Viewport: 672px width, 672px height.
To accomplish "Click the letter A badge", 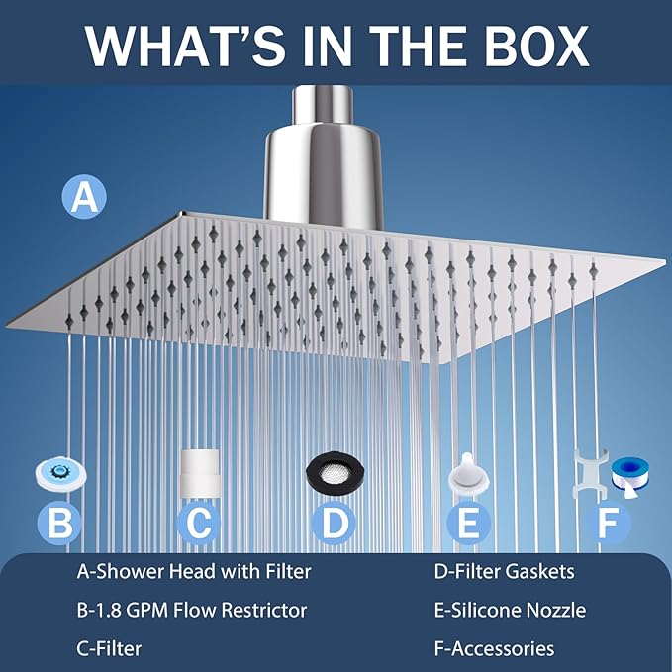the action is coord(84,197).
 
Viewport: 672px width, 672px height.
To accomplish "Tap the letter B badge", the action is coord(59,523).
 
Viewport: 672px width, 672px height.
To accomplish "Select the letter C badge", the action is coord(199,523).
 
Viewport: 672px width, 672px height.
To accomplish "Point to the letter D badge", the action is coord(334,523).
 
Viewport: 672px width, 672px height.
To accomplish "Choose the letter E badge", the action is coord(468,523).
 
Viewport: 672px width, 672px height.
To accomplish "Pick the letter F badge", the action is coord(608,523).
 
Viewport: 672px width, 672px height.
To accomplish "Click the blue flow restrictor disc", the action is coord(60,474).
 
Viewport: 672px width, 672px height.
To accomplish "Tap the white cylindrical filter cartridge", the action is coord(200,473).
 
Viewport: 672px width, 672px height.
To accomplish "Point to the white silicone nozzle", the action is coord(468,474).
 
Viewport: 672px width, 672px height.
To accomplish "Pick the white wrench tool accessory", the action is coord(589,473).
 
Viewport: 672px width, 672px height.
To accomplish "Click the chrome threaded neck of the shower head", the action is coord(323,104).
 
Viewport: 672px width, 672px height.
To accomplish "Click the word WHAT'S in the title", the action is coord(184,46).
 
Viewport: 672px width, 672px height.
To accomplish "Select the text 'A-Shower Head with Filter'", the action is coord(194,572).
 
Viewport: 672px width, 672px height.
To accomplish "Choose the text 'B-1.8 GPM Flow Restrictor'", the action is coord(192,611).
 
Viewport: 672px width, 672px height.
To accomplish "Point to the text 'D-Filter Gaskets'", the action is coord(505,572).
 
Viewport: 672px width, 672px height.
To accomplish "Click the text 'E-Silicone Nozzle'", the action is coord(510,611).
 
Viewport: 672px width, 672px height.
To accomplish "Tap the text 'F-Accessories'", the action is coord(494,649).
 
